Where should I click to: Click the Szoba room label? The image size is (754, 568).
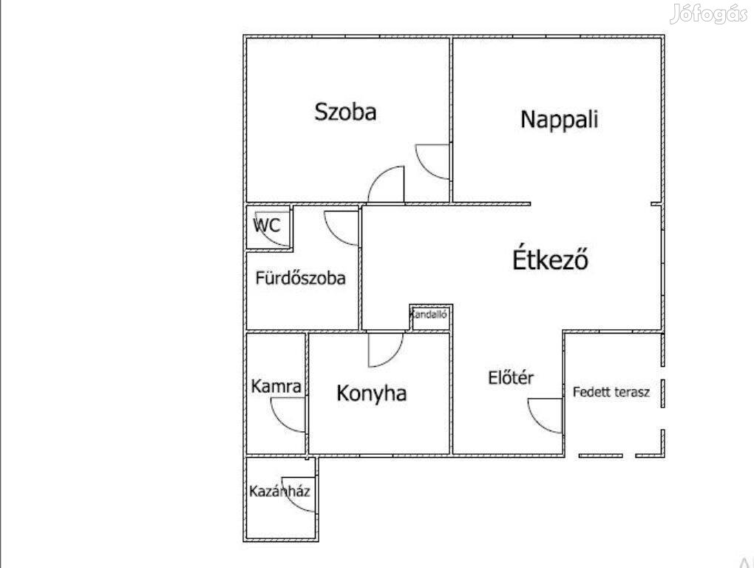tap(345, 112)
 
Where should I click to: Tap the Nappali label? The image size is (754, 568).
tap(560, 119)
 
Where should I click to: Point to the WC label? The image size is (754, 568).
tap(267, 225)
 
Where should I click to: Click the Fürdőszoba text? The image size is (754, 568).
tap(301, 278)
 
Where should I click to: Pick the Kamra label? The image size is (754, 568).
tap(276, 386)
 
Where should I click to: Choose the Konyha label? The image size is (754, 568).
tap(372, 393)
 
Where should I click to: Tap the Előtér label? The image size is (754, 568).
tap(511, 377)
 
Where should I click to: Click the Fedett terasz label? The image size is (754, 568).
tap(611, 392)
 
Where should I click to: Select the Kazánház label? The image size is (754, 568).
tap(279, 491)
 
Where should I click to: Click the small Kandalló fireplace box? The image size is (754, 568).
tap(430, 317)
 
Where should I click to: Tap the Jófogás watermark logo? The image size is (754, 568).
tap(708, 14)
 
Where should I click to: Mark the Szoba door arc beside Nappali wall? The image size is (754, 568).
tap(426, 170)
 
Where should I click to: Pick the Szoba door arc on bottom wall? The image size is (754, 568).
tap(378, 176)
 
